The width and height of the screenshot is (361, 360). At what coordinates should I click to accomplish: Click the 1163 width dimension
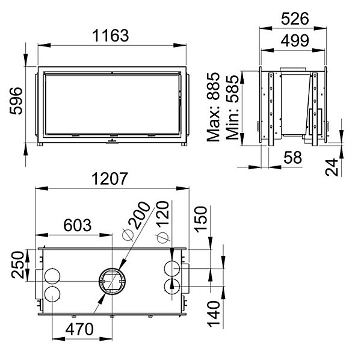click(x=111, y=36)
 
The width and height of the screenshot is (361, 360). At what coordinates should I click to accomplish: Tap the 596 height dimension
click(x=16, y=101)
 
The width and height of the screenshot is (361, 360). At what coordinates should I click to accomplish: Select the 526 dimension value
click(x=295, y=19)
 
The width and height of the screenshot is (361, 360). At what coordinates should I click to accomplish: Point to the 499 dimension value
click(x=295, y=40)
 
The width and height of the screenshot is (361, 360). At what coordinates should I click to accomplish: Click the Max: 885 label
click(x=214, y=107)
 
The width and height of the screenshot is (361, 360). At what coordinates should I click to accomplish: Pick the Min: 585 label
click(x=232, y=108)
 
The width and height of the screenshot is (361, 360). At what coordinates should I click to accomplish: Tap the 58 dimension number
click(x=292, y=158)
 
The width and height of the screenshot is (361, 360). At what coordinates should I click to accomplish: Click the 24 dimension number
click(x=332, y=167)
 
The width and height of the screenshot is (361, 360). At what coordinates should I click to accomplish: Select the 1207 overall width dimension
click(x=110, y=179)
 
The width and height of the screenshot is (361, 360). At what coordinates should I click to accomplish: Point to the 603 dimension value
click(x=78, y=225)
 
